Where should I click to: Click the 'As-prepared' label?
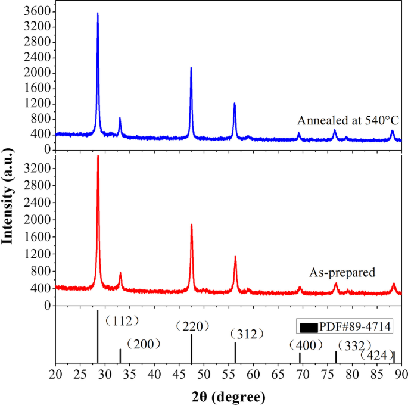[342, 273]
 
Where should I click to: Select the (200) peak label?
[143, 344]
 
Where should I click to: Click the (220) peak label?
[193, 326]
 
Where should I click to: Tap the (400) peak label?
[306, 345]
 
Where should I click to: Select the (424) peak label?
[378, 356]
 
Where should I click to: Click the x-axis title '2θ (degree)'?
[229, 395]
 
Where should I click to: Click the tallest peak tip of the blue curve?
[98, 13]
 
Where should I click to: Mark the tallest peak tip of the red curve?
[98, 156]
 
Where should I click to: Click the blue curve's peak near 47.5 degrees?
[191, 68]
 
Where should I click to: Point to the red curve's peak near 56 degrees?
[235, 256]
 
